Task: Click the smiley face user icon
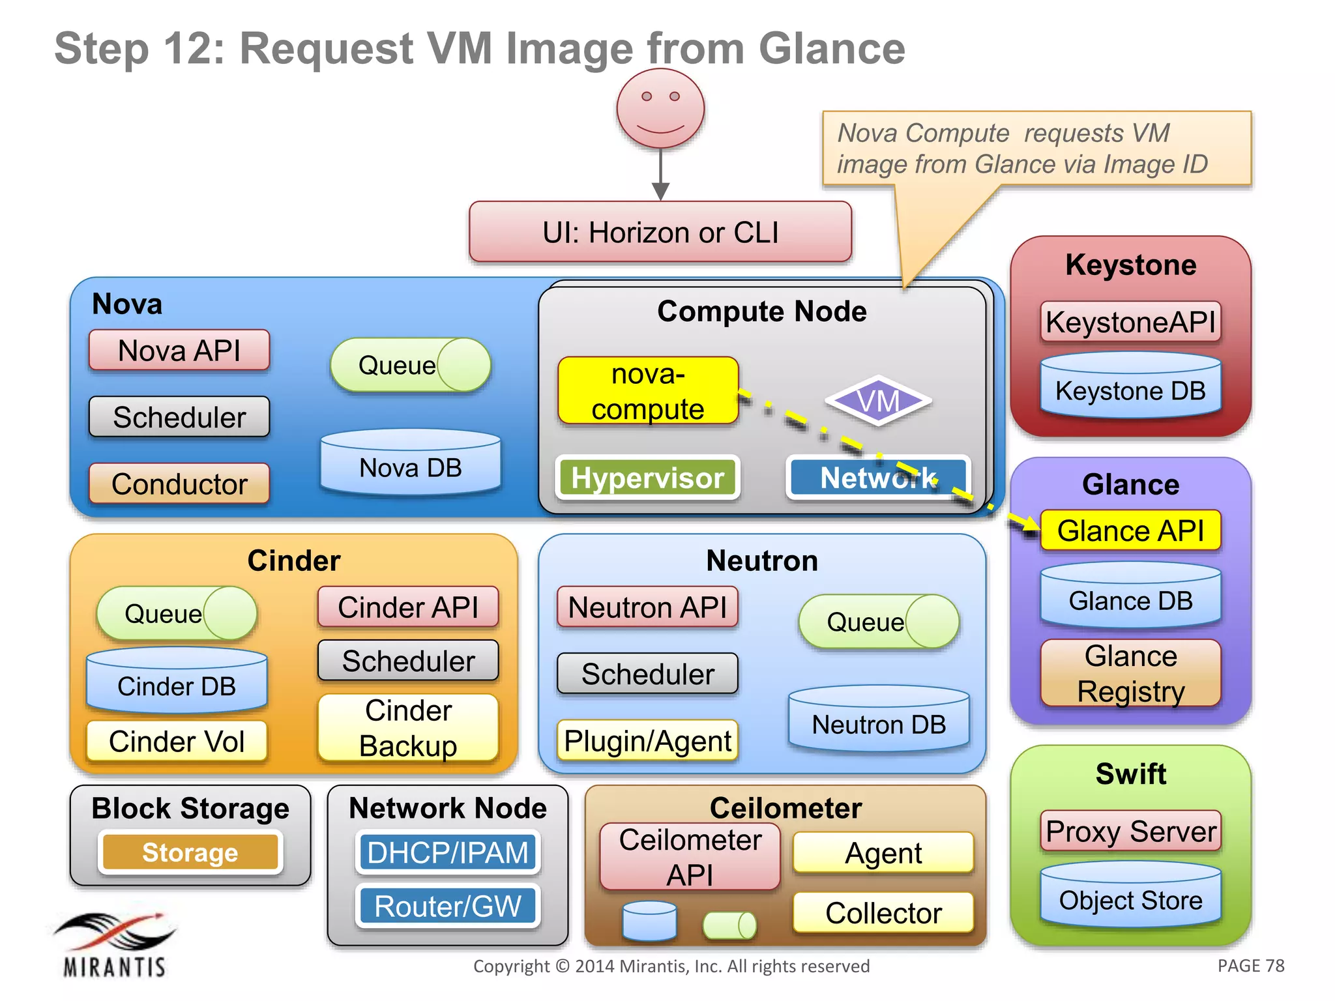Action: [660, 109]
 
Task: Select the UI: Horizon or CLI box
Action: [660, 232]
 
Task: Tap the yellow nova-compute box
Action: [648, 391]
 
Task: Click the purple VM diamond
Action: [878, 401]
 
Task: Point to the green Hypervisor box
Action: [648, 478]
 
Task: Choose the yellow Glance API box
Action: [1130, 530]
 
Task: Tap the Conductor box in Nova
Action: [179, 484]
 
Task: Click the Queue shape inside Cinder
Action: [176, 613]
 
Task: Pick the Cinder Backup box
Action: [408, 728]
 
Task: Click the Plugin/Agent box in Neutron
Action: [647, 741]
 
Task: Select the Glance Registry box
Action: [1130, 673]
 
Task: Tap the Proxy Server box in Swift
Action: [1130, 831]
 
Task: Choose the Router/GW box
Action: [448, 906]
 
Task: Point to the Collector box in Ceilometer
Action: [883, 912]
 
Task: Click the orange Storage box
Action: [190, 852]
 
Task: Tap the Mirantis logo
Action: [115, 945]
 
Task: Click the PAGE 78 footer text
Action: [1250, 966]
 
